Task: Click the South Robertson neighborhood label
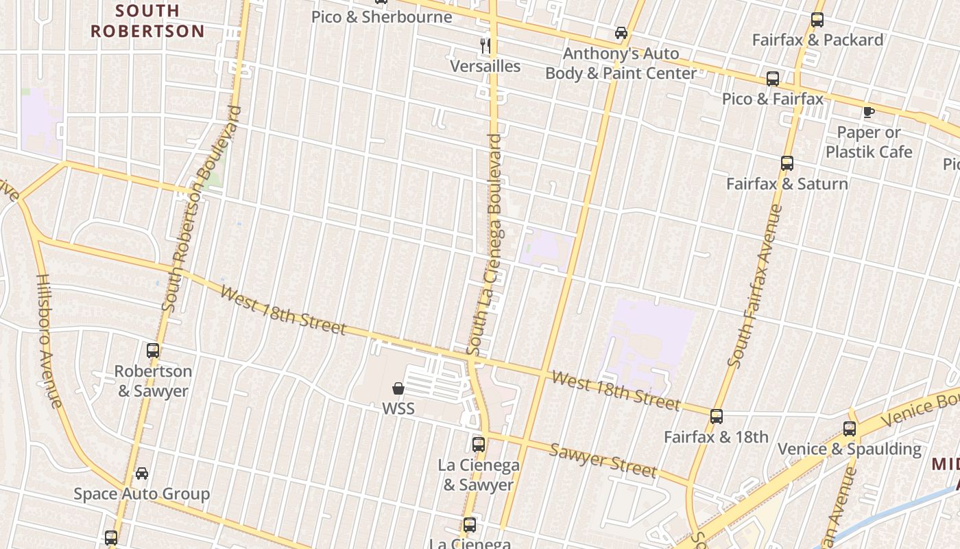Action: (147, 21)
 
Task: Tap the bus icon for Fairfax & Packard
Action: (817, 20)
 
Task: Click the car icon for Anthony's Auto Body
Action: (621, 33)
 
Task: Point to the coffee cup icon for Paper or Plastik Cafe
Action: (869, 112)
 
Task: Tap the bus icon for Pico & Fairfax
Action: (773, 79)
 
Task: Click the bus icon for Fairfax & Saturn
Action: (787, 163)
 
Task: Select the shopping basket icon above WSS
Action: (398, 388)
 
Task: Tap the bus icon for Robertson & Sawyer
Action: (153, 351)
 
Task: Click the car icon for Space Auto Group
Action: (142, 474)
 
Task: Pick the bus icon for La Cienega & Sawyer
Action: (479, 445)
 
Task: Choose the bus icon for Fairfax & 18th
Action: (717, 417)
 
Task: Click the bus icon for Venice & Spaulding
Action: (850, 429)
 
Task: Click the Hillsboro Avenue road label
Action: (49, 341)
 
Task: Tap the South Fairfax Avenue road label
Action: (755, 285)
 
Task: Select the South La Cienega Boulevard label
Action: (485, 244)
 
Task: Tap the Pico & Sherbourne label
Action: (382, 17)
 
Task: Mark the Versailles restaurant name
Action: (485, 66)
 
